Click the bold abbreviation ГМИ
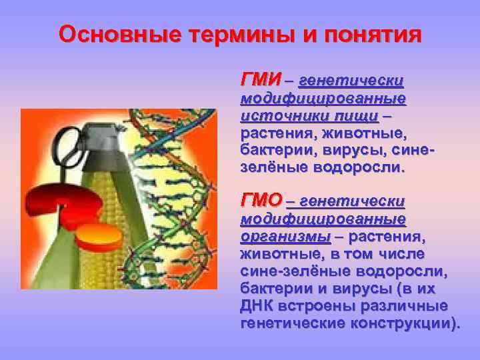(x=260, y=80)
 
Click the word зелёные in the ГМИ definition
(x=269, y=167)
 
